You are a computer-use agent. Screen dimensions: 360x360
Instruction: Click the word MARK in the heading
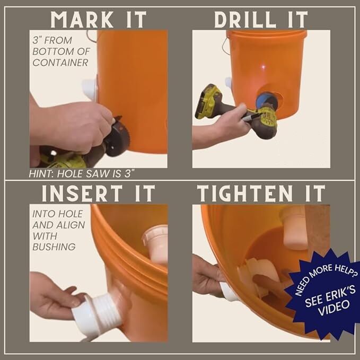click(82, 20)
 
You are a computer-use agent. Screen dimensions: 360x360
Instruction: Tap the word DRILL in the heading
click(245, 20)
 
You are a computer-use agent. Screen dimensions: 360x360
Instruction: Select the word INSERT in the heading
click(82, 194)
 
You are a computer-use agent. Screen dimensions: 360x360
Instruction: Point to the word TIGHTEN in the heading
click(245, 194)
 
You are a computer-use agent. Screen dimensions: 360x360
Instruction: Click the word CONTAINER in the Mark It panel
click(60, 63)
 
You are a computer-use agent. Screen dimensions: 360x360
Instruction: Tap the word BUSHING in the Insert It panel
click(54, 247)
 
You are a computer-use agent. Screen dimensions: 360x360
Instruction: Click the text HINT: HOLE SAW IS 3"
click(81, 174)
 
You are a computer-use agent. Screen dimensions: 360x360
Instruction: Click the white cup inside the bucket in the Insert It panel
click(155, 243)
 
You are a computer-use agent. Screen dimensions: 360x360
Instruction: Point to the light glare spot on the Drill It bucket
click(264, 67)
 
